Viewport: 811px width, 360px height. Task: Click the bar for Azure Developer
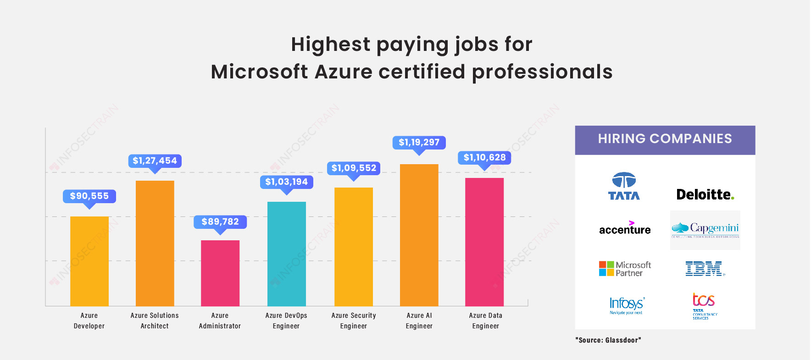click(89, 261)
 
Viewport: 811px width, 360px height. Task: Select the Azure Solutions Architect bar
click(155, 243)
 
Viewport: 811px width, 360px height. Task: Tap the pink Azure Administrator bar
click(220, 273)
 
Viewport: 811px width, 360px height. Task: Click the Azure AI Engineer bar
click(419, 235)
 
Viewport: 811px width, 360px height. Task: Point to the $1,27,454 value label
click(155, 161)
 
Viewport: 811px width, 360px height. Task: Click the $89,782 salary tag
click(220, 222)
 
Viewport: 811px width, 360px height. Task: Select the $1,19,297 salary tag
click(419, 143)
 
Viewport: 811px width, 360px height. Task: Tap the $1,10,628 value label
click(484, 158)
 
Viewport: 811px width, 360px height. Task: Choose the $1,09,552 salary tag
click(354, 168)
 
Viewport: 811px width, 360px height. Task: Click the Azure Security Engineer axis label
click(354, 321)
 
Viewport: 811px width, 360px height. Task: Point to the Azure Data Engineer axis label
click(485, 321)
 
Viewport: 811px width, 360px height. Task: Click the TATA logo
click(624, 186)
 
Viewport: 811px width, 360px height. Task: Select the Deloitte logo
click(705, 194)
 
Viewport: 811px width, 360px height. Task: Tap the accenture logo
click(625, 228)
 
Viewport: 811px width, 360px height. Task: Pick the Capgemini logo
click(705, 230)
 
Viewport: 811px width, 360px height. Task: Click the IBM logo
click(705, 269)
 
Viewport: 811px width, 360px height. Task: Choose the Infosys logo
click(626, 305)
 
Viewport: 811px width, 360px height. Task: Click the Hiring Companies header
click(665, 139)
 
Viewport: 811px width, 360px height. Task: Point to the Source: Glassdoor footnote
click(608, 340)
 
